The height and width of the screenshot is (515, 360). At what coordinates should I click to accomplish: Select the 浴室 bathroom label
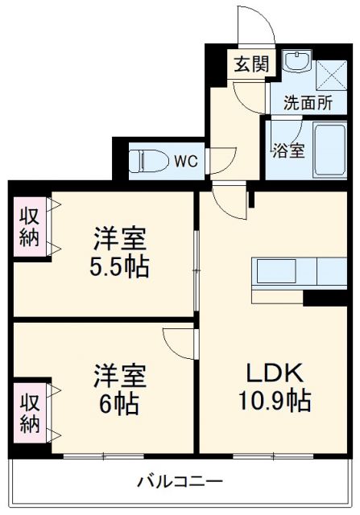tap(287, 150)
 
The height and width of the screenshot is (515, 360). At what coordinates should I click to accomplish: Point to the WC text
tap(186, 161)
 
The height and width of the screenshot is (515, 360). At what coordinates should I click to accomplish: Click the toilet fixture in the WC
tap(147, 161)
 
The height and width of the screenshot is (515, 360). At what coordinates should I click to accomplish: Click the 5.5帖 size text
tap(120, 266)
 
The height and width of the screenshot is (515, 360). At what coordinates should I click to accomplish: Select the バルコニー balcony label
tap(180, 483)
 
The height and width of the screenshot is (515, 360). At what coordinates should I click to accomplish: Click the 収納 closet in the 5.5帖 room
tap(30, 227)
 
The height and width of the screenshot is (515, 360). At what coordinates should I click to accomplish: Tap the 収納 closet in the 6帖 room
tap(30, 411)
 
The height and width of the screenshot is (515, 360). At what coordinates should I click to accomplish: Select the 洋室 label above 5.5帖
tap(120, 241)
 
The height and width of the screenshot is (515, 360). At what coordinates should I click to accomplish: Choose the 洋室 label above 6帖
tap(120, 375)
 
